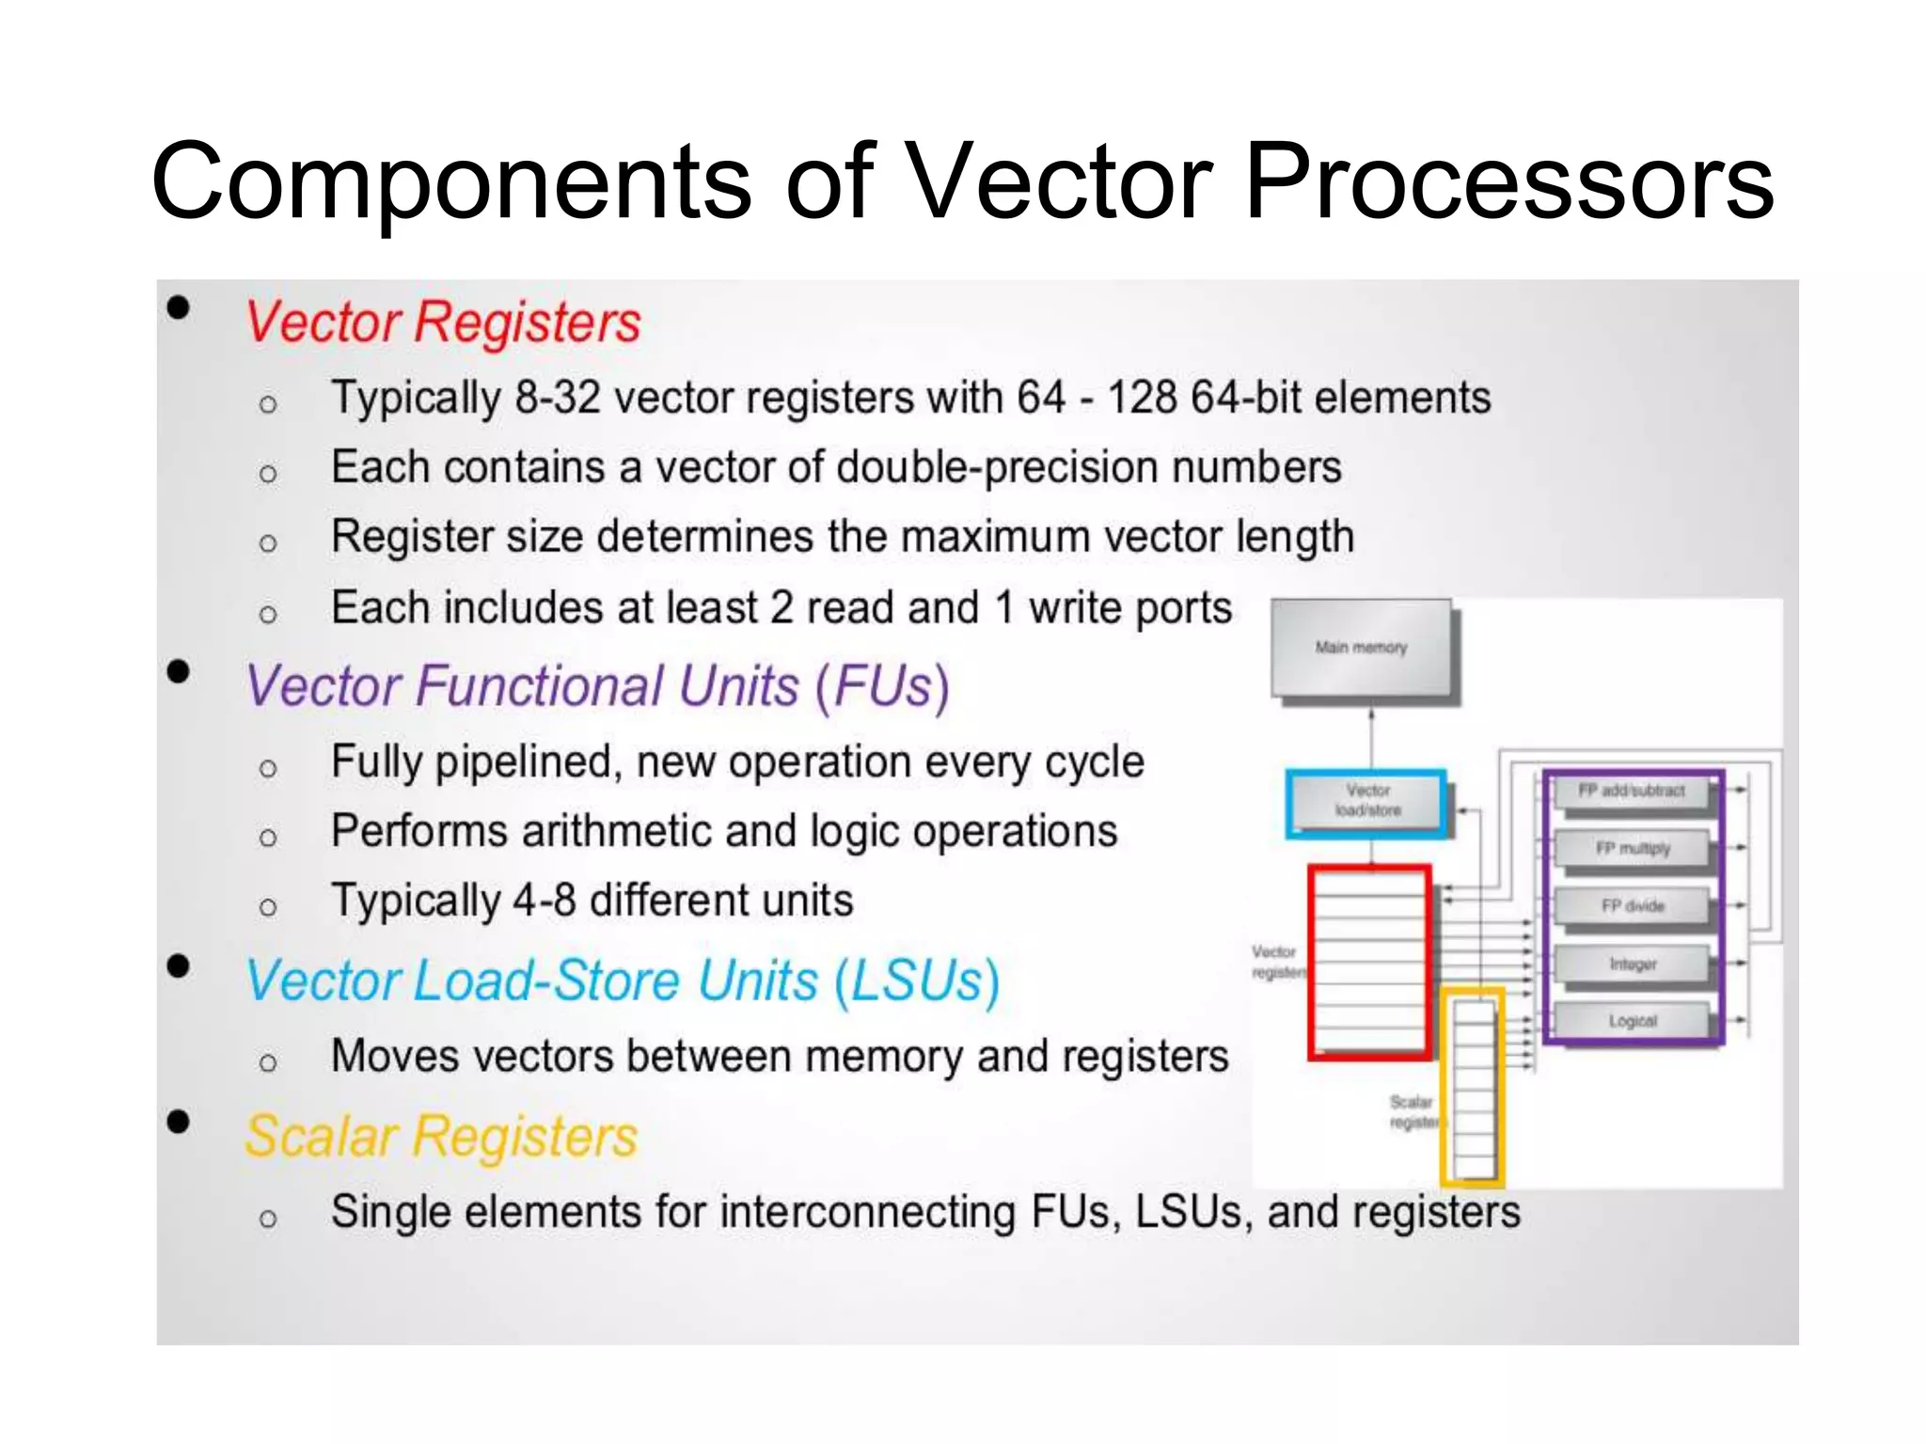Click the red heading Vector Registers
pyautogui.click(x=442, y=322)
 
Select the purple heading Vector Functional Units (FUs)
pyautogui.click(x=597, y=685)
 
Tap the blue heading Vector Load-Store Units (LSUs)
pyautogui.click(x=622, y=981)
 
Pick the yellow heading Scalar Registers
pyautogui.click(x=440, y=1136)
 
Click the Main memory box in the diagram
pyautogui.click(x=1361, y=648)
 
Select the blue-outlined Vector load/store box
pyautogui.click(x=1366, y=801)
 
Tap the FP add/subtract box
pyautogui.click(x=1631, y=791)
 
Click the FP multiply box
pyautogui.click(x=1632, y=848)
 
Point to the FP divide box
pyautogui.click(x=1632, y=906)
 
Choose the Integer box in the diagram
pyautogui.click(x=1632, y=964)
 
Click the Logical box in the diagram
pyautogui.click(x=1632, y=1021)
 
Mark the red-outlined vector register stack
pyautogui.click(x=1369, y=963)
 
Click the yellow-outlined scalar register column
pyautogui.click(x=1473, y=1087)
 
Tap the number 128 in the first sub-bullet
pyautogui.click(x=1142, y=397)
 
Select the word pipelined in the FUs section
pyautogui.click(x=528, y=761)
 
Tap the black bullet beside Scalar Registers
pyautogui.click(x=178, y=1122)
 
